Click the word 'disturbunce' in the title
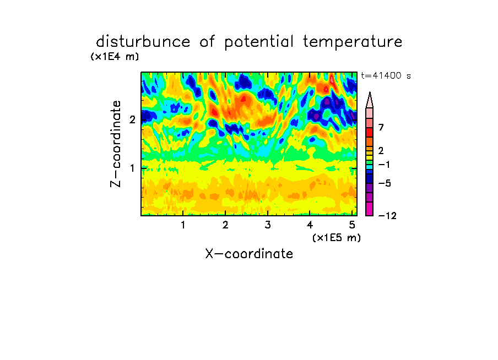pyautogui.click(x=143, y=42)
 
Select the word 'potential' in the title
pyautogui.click(x=259, y=42)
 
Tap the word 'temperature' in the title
pyautogui.click(x=353, y=42)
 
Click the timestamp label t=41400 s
pyautogui.click(x=386, y=75)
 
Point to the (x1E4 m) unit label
pyautogui.click(x=115, y=57)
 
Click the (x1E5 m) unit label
pyautogui.click(x=337, y=238)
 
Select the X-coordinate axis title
pyautogui.click(x=249, y=254)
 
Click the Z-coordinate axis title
pyautogui.click(x=116, y=144)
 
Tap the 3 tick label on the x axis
pyautogui.click(x=268, y=225)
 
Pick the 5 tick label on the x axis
pyautogui.click(x=352, y=225)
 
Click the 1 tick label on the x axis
pyautogui.click(x=183, y=225)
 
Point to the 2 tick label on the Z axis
pyautogui.click(x=132, y=119)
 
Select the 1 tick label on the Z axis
pyautogui.click(x=132, y=168)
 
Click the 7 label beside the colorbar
pyautogui.click(x=381, y=127)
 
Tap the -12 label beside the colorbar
pyautogui.click(x=387, y=216)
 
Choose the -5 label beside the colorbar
pyautogui.click(x=385, y=183)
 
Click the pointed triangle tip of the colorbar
pyautogui.click(x=370, y=92)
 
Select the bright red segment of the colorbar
pyautogui.click(x=370, y=132)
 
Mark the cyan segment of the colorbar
pyautogui.click(x=370, y=167)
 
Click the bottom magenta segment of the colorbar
pyautogui.click(x=370, y=209)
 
